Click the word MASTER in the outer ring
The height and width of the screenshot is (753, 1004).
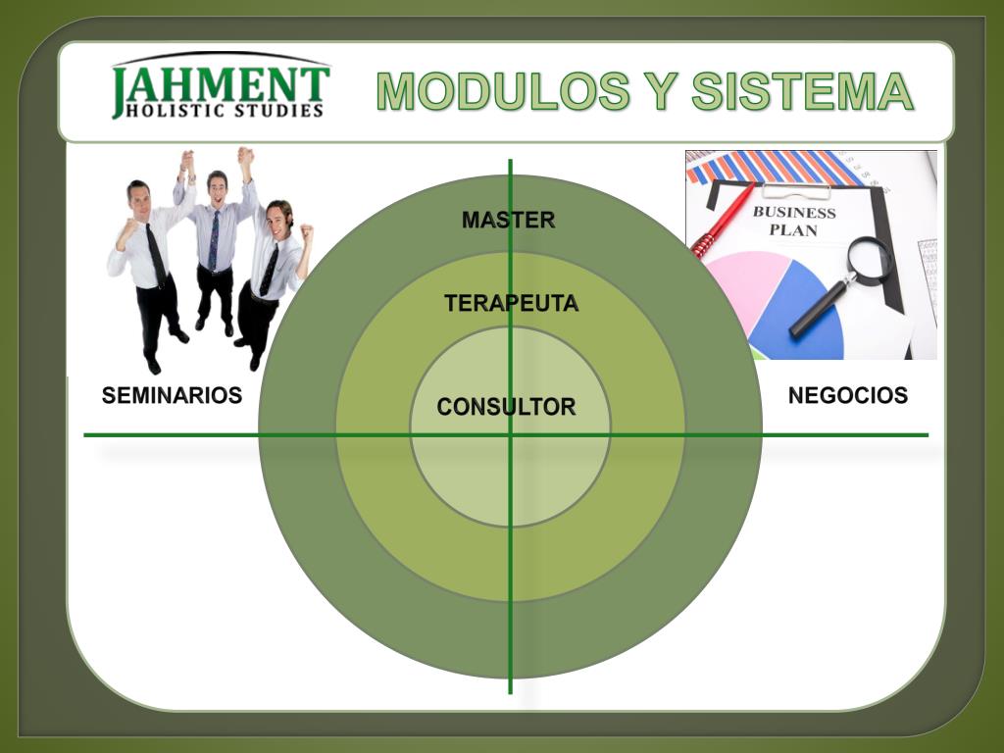(x=508, y=221)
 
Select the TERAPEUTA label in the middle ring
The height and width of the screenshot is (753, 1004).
(x=511, y=304)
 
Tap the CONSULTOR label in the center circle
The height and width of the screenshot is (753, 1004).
(x=506, y=407)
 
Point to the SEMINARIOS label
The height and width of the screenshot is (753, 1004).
(x=172, y=396)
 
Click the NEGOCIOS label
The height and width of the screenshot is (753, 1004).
(x=847, y=396)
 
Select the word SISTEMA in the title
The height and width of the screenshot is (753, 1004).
(x=802, y=92)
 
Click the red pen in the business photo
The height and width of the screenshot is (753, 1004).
(x=723, y=220)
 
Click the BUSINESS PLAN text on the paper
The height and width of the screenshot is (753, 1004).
(x=794, y=221)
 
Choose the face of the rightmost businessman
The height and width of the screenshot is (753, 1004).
(x=278, y=217)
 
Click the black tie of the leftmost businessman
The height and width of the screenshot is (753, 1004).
(x=156, y=254)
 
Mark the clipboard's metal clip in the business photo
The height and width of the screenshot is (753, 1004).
(x=795, y=190)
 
